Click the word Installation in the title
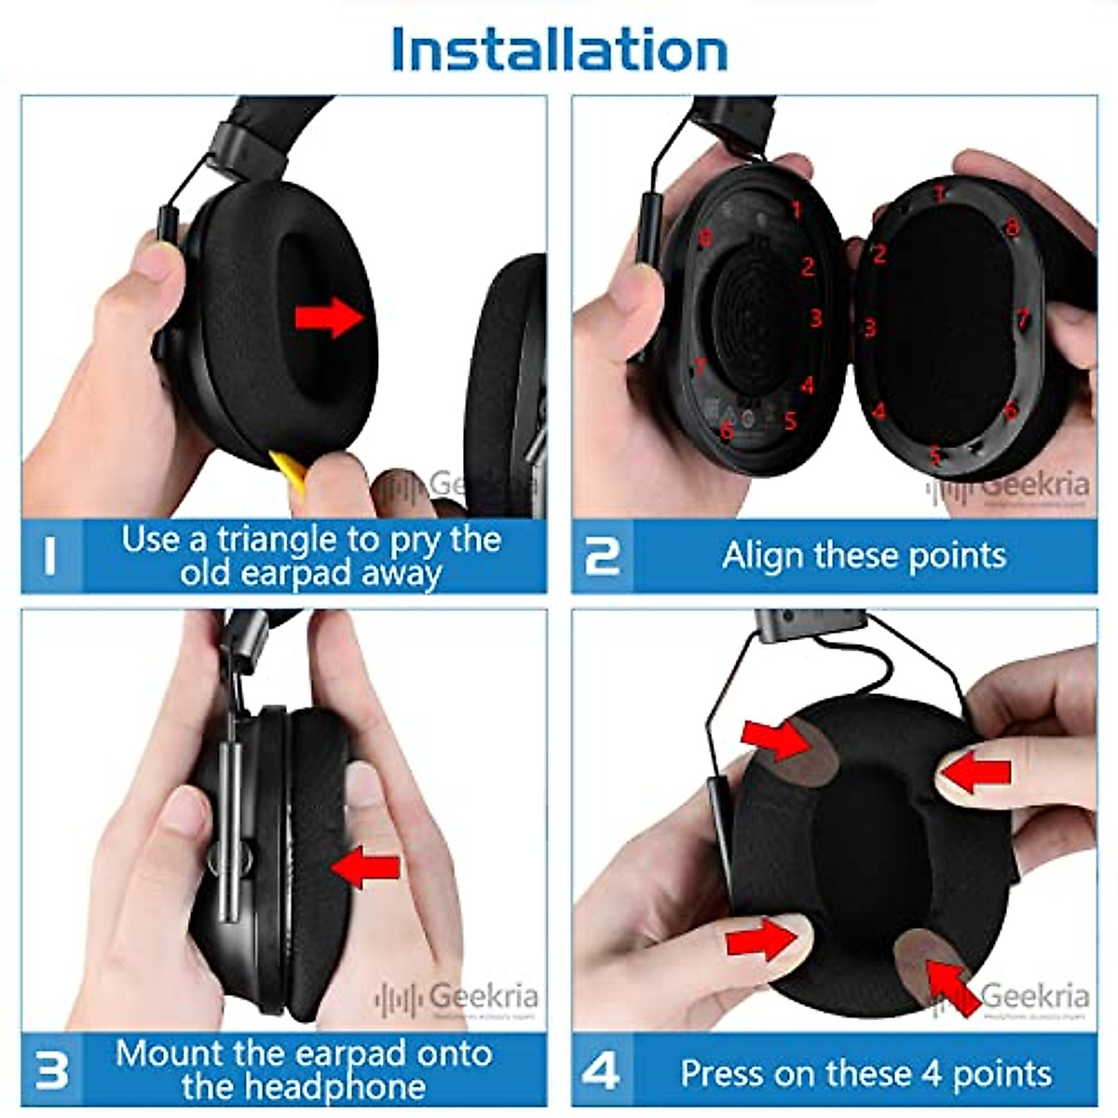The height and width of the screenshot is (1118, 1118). [x=559, y=48]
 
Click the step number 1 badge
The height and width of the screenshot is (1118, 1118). [x=50, y=556]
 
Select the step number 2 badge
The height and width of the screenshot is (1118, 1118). [x=602, y=556]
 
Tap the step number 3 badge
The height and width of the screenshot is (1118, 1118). [x=50, y=1070]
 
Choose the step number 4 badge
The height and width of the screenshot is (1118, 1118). [x=602, y=1071]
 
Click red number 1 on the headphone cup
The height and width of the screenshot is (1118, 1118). [x=796, y=209]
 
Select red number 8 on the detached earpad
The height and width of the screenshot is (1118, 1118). [x=1012, y=226]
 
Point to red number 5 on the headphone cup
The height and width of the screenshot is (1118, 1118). [x=790, y=421]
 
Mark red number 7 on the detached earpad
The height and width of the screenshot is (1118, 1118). [x=1022, y=317]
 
